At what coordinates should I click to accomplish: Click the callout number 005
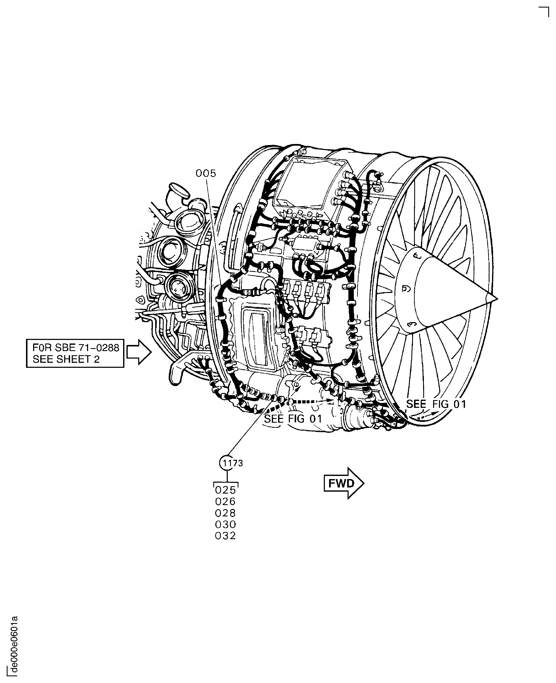click(206, 174)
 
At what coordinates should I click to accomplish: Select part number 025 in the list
click(225, 490)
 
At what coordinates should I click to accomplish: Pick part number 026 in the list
click(225, 502)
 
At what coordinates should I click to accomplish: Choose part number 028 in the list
click(225, 513)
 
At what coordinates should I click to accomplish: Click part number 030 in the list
click(225, 525)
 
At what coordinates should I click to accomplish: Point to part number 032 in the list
click(225, 536)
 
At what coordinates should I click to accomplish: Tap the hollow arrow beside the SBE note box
click(139, 352)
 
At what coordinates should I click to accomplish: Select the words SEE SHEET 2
click(66, 359)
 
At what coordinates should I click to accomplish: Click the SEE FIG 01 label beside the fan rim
click(436, 404)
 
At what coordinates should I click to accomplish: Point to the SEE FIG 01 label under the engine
click(293, 419)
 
